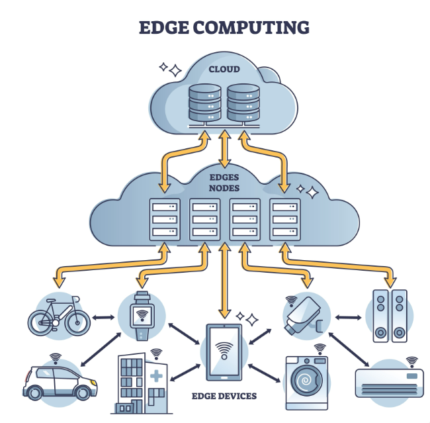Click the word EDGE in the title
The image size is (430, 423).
point(163,27)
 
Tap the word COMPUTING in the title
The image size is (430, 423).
point(251,27)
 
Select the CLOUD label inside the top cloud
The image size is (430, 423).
point(224,69)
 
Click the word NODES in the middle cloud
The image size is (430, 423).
point(224,188)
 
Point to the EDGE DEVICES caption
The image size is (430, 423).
point(224,396)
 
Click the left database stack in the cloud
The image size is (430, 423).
point(205,103)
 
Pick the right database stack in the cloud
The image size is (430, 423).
point(243,103)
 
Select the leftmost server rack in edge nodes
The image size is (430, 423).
point(165,219)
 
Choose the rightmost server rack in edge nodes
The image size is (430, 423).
point(284,219)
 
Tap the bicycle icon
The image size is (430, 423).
point(59,316)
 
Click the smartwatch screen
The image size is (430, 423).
point(142,316)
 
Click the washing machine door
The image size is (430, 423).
point(306,381)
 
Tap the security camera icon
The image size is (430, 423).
point(304,315)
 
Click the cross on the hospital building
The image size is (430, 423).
point(156,376)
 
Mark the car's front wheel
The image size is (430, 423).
point(83,393)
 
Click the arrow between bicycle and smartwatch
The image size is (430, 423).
point(103,318)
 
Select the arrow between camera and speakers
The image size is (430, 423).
point(348,318)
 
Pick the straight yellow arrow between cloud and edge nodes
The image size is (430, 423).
point(225,148)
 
